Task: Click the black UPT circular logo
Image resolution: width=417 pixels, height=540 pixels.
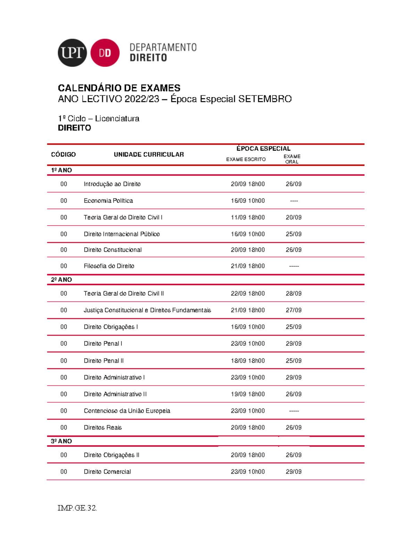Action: [x=72, y=53]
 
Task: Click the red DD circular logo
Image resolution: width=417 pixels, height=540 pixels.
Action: [x=105, y=53]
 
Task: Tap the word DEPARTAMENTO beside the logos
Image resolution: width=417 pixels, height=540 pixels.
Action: [x=163, y=47]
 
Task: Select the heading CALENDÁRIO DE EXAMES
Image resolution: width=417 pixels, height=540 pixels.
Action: [x=119, y=88]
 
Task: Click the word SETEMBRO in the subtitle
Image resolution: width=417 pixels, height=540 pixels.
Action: [x=265, y=99]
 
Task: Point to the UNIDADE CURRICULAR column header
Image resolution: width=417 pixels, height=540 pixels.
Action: [x=149, y=154]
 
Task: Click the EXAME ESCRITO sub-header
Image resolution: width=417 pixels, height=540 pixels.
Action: [x=246, y=159]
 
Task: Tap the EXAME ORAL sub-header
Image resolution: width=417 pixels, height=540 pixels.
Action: [x=292, y=159]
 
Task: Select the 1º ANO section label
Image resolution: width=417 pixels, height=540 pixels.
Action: [x=62, y=170]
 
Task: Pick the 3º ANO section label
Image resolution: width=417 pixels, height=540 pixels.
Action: [x=62, y=441]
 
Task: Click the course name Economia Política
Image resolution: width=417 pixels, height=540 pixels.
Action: [x=108, y=201]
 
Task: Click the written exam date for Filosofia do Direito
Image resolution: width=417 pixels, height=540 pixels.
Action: [x=248, y=266]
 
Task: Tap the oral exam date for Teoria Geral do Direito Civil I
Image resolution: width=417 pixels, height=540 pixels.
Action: [x=294, y=217]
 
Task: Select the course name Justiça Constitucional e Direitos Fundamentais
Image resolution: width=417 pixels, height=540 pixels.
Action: [x=147, y=310]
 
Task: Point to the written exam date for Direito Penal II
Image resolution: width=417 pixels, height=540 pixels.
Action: [x=248, y=361]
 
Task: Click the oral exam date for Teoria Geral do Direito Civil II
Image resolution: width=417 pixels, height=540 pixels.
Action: [x=294, y=293]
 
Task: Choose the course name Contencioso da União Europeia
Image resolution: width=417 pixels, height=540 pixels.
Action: [x=127, y=411]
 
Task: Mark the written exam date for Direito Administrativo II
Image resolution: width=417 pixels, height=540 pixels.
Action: [x=248, y=394]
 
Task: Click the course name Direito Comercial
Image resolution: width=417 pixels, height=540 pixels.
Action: [x=107, y=472]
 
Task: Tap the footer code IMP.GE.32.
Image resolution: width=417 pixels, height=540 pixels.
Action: [x=77, y=508]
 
